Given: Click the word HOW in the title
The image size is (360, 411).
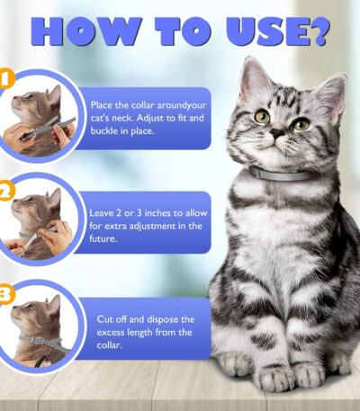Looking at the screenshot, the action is coord(84,31).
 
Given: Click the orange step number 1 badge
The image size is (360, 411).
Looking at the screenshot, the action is coord(5,78).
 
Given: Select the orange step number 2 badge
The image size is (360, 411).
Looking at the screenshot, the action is coord(5,191).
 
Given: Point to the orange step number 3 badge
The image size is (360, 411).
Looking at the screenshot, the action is coord(5,294).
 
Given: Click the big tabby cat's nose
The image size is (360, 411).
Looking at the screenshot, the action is coord(278,132).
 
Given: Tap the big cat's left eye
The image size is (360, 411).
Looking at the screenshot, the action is coord(263,117).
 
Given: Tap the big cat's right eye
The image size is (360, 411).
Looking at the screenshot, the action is coord(301,124).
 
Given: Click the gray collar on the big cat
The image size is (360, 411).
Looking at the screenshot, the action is coord(282,174).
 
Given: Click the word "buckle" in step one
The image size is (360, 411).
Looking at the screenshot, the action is coord(104,131).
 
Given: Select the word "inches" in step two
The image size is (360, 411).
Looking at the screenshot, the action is coord(157,213).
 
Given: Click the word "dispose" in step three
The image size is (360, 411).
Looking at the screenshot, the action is coord(162,320).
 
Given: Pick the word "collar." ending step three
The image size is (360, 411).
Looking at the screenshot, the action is coord(110,345).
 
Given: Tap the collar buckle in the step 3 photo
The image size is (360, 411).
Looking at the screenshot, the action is coord(37,340).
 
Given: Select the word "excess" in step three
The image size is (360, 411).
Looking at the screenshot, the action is coord(111,333).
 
